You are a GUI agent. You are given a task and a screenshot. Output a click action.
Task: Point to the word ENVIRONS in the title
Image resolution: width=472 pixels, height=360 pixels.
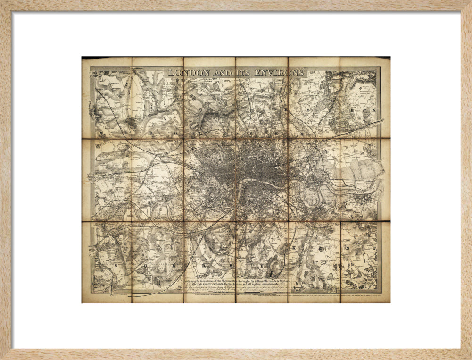coord(280,73)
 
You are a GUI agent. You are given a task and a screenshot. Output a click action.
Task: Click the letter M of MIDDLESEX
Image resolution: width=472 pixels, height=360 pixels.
coord(102,134)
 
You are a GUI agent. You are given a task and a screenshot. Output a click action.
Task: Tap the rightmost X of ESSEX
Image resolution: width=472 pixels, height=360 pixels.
coord(375,109)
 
